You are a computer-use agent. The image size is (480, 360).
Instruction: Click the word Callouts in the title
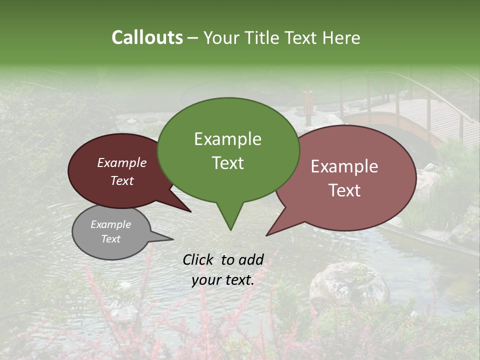tap(147, 37)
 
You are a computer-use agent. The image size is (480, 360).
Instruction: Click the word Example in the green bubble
tap(227, 139)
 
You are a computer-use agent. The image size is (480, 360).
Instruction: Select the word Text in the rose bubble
tap(344, 190)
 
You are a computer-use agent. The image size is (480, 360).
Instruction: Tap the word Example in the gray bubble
tap(110, 224)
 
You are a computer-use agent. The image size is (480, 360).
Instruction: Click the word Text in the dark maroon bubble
tap(122, 181)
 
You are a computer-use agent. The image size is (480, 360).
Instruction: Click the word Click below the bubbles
tap(199, 259)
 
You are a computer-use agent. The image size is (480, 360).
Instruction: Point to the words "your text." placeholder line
tap(223, 280)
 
